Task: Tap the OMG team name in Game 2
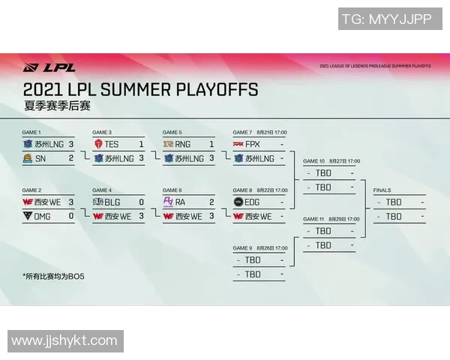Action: coord(44,216)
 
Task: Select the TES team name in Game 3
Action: coord(112,143)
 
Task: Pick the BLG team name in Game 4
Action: coord(112,202)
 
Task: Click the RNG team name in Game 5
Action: coord(183,143)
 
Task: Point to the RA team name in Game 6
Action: coord(181,202)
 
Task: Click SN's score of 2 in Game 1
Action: coord(71,157)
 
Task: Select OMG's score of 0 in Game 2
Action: coord(71,216)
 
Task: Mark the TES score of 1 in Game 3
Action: coord(141,143)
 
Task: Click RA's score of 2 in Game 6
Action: coord(211,202)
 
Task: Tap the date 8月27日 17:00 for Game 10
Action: coord(343,161)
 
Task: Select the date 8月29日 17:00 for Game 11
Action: coord(343,219)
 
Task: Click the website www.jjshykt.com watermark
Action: coord(64,340)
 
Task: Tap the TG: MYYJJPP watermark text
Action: coord(387,19)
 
